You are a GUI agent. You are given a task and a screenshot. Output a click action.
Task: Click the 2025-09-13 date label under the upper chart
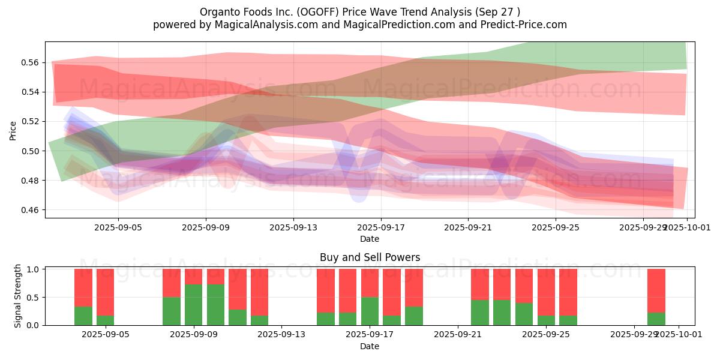coord(293,227)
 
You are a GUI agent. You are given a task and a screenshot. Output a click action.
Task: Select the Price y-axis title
coord(13,130)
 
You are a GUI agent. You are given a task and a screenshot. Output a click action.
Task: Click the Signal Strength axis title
coord(18,295)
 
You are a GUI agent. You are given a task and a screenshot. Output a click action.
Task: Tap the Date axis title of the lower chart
coord(370,346)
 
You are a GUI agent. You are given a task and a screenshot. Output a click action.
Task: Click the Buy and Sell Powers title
coord(370,257)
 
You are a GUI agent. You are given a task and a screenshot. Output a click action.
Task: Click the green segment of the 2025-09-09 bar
coord(194,305)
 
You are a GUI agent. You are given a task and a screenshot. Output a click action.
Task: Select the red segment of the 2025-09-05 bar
coord(106,292)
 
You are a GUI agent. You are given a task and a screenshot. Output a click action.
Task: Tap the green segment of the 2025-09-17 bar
coord(370,311)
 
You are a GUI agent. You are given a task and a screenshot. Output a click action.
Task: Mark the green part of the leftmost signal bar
coord(83,316)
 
